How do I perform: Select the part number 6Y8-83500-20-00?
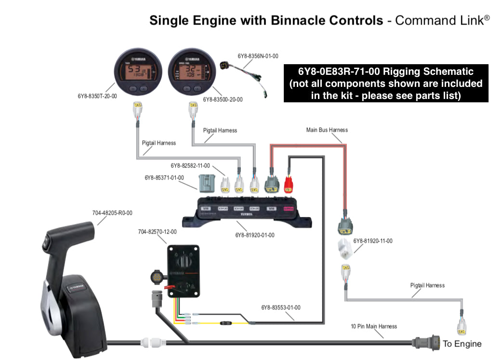(x=223, y=99)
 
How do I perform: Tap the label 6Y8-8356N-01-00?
(x=258, y=56)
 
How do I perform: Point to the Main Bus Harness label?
(x=327, y=130)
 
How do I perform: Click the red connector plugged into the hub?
(x=289, y=184)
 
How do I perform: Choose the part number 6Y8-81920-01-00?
(x=255, y=235)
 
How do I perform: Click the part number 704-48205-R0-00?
(x=112, y=213)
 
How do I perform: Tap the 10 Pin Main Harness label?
(x=374, y=326)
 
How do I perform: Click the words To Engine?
(x=462, y=344)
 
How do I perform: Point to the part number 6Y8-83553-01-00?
(x=281, y=307)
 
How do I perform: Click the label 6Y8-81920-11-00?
(x=372, y=241)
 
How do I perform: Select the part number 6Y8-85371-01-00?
(x=164, y=178)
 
